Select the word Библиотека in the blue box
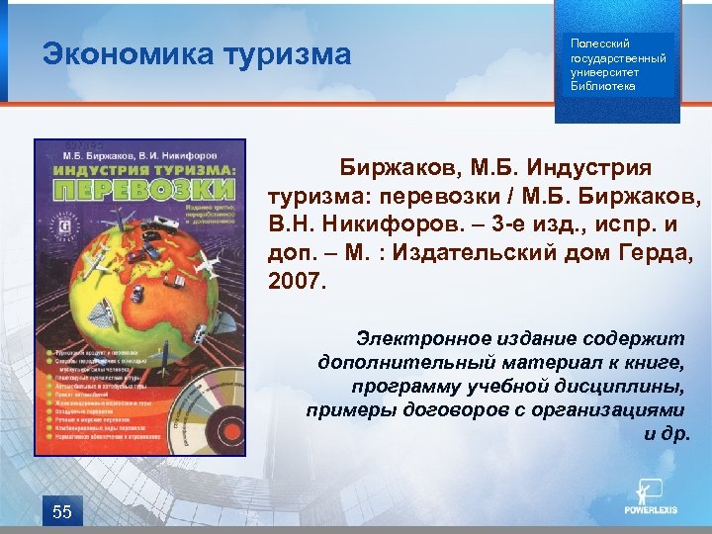(x=604, y=86)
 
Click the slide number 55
(x=61, y=511)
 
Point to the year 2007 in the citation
(x=295, y=283)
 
